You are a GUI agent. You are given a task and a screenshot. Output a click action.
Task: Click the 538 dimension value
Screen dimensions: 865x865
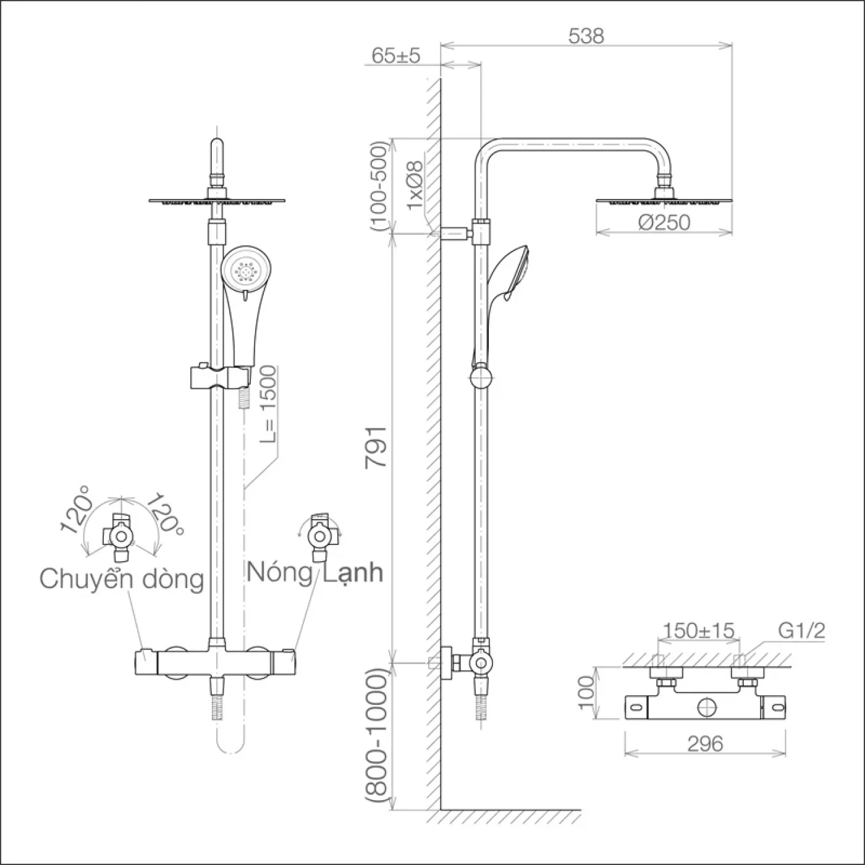point(586,36)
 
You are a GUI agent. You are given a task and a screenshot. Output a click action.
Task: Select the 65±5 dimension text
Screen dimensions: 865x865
point(396,56)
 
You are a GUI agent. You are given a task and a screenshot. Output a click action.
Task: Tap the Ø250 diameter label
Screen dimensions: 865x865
point(664,222)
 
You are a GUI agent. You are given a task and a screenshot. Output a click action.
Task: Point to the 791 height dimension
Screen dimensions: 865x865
point(376,447)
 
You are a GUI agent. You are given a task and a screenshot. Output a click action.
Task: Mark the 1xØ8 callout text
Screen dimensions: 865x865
point(415,185)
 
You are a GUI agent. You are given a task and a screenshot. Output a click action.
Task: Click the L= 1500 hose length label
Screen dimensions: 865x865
point(268,404)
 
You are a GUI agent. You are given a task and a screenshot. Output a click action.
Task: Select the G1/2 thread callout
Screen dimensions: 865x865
point(802,631)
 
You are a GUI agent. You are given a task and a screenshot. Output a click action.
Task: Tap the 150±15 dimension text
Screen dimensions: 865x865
point(698,631)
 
